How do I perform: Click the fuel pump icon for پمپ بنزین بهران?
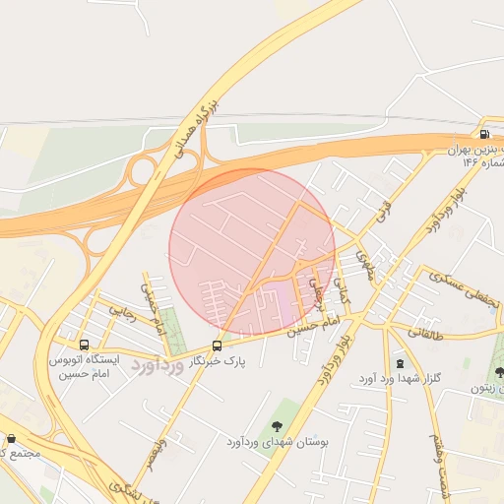click(x=483, y=135)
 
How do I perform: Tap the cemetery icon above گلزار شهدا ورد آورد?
click(x=399, y=361)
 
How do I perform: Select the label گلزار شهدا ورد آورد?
click(x=400, y=379)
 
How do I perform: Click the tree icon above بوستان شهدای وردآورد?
click(x=276, y=426)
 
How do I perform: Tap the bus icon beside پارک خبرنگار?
click(x=217, y=346)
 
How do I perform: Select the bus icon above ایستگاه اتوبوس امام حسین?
click(x=84, y=346)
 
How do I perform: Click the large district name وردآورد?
click(x=157, y=368)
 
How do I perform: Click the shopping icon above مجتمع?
click(x=11, y=439)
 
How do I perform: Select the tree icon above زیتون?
click(x=499, y=372)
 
